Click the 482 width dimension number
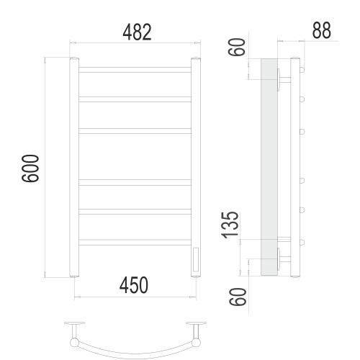point(137,32)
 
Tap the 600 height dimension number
point(30,168)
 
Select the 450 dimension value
point(134,285)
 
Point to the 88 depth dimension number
point(322,30)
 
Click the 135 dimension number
point(230,225)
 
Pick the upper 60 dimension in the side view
point(237,47)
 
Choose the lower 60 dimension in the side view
point(238,297)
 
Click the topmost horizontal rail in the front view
point(135,70)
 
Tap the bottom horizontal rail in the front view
point(135,242)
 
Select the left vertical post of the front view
point(74,167)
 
